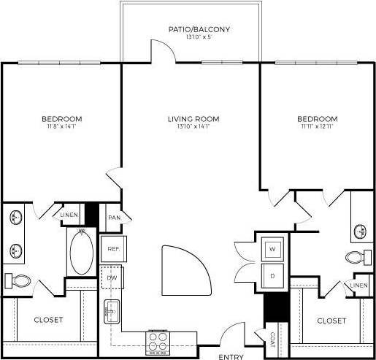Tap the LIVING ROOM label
pos(193,119)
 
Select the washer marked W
pos(272,250)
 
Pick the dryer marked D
pos(272,275)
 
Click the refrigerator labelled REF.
pos(112,249)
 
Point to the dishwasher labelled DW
pos(112,278)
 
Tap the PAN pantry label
pos(113,218)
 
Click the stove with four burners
pos(158,340)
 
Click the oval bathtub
pos(80,252)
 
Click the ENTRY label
pos(231,356)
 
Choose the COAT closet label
pos(272,339)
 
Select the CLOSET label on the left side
pos(47,320)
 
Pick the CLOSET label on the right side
pos(331,320)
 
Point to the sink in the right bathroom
pos(361,231)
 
